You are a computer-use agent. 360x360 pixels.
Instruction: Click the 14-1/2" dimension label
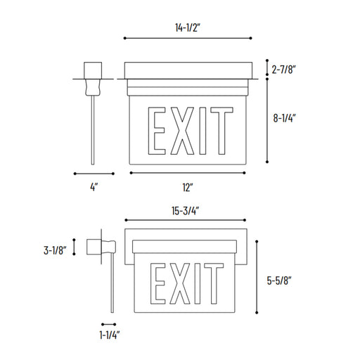click(188, 27)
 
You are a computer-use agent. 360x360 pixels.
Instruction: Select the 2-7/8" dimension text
click(283, 70)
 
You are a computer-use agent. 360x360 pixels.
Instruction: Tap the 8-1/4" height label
click(284, 118)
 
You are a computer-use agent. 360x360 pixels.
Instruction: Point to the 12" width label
click(188, 187)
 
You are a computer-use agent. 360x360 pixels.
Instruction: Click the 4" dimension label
click(94, 187)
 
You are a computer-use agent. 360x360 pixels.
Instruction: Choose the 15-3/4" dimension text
click(185, 211)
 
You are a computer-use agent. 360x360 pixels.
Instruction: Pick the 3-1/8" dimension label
click(55, 250)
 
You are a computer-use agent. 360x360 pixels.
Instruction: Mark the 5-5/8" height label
click(279, 281)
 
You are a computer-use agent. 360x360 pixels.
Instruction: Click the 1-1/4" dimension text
click(110, 335)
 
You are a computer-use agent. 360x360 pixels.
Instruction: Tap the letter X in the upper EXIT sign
click(182, 131)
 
